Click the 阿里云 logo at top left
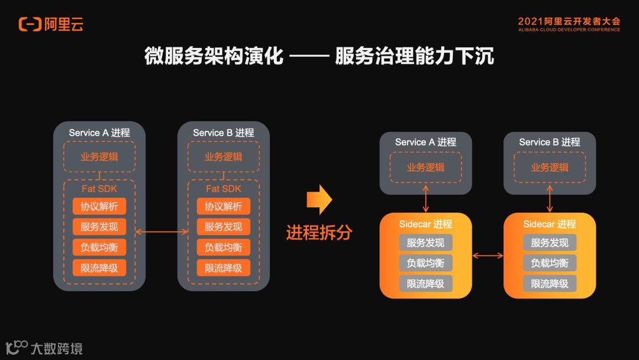(x=51, y=24)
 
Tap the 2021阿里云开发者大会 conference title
(x=569, y=21)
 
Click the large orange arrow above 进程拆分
(x=319, y=200)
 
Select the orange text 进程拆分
(x=319, y=232)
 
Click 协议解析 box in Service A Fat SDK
(x=99, y=207)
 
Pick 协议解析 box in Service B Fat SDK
(x=224, y=207)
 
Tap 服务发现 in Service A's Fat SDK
(x=99, y=227)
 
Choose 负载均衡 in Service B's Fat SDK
(x=224, y=247)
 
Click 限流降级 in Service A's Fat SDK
(x=99, y=268)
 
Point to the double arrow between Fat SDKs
(x=162, y=232)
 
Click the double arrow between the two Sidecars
(x=488, y=255)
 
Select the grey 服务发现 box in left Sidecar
(x=425, y=243)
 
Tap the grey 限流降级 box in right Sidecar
(x=550, y=284)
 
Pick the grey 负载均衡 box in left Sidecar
(x=425, y=263)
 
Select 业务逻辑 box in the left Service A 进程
(x=99, y=157)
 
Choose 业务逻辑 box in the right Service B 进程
(x=550, y=167)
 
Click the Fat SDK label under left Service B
(x=224, y=189)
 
